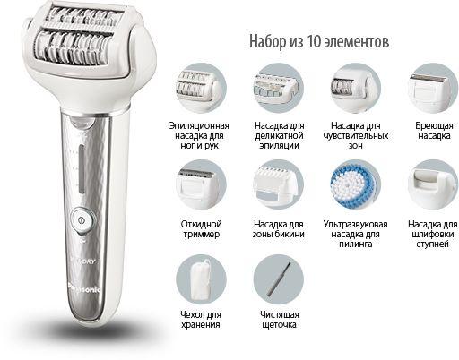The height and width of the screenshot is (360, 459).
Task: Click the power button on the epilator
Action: point(82,220)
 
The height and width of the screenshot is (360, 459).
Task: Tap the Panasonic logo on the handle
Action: point(85,288)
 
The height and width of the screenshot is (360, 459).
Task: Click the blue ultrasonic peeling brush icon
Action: point(355,184)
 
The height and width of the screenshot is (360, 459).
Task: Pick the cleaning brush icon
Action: point(279,279)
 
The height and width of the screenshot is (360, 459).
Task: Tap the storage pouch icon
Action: point(201,279)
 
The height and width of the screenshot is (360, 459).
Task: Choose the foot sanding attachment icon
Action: point(433,184)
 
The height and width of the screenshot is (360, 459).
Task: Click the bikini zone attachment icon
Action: point(279,184)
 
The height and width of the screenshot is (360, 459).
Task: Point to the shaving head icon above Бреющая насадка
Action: point(433,89)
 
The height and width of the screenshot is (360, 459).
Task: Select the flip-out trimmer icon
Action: point(201,184)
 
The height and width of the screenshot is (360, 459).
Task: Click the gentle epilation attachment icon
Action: point(279,89)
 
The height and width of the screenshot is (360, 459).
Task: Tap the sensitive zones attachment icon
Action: point(356,89)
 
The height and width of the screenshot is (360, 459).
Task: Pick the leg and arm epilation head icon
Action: point(201,89)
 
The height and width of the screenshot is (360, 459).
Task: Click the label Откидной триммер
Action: point(201,229)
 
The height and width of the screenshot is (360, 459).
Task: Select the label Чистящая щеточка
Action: point(279,320)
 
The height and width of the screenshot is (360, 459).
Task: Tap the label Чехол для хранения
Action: point(201,320)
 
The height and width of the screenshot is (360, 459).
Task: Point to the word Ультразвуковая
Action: point(355,224)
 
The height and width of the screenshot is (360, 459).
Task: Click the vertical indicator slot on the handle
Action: point(82,169)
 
